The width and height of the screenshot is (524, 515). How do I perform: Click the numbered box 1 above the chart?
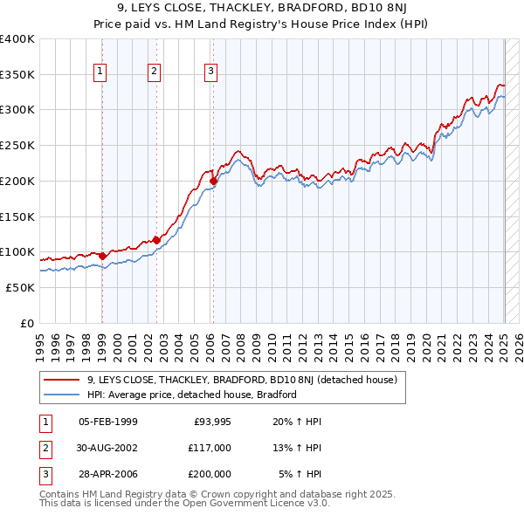(x=101, y=72)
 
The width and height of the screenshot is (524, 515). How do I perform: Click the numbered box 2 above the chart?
(x=155, y=72)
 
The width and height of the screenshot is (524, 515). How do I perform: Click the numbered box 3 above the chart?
(x=211, y=72)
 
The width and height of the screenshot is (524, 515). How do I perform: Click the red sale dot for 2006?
(x=213, y=182)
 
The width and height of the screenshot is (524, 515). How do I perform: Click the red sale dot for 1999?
(x=102, y=257)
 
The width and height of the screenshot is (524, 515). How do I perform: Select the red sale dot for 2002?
(x=156, y=240)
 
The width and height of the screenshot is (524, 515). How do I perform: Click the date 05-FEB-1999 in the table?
(x=107, y=422)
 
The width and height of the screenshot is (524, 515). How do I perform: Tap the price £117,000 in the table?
(x=210, y=448)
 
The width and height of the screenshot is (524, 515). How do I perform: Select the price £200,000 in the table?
(x=210, y=474)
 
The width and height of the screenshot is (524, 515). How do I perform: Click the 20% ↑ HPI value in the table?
(x=297, y=422)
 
